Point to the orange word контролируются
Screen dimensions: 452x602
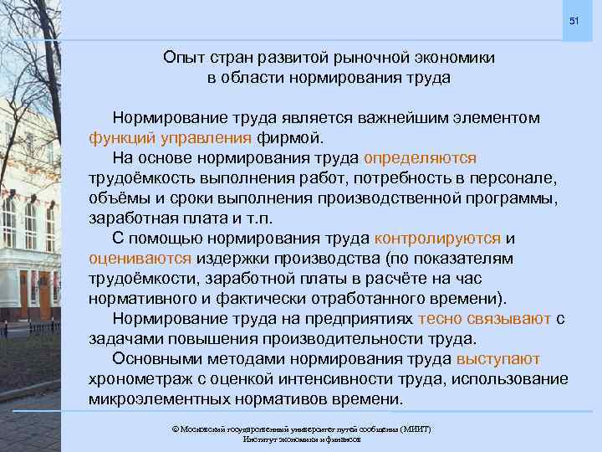pos(439,239)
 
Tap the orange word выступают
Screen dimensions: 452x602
pos(498,359)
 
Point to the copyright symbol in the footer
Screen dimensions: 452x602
pos(175,429)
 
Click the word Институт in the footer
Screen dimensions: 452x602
pos(260,439)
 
